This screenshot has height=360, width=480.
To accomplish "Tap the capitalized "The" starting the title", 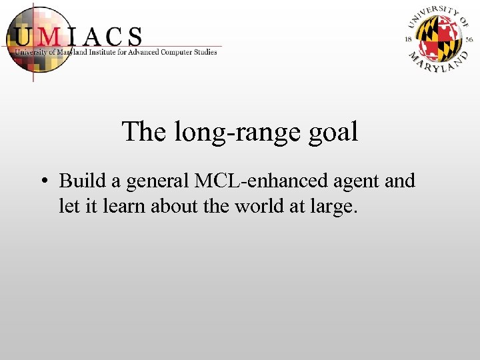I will (x=145, y=131).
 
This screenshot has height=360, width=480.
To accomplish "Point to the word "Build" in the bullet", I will (x=79, y=181).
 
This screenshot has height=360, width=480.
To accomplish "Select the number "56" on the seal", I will (x=468, y=39).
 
